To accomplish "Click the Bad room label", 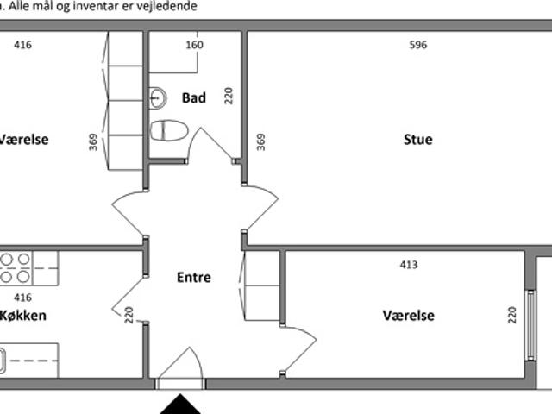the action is click(193, 97).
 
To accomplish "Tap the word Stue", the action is click(417, 140).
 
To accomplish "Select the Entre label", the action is click(193, 278).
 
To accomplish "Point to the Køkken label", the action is click(23, 316).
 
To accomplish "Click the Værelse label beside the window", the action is click(408, 316).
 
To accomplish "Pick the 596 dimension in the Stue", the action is click(418, 45).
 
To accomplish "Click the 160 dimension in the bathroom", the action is click(194, 45).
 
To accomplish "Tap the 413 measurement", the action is click(409, 265).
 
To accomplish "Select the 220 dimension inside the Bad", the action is click(229, 96).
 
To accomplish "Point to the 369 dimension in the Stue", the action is click(260, 141).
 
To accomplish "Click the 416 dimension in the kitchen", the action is click(23, 298).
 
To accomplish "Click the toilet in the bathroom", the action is click(169, 130).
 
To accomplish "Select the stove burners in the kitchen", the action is click(16, 268).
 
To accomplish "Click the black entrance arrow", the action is click(180, 405).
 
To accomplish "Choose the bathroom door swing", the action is click(210, 144).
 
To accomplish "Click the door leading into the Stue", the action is click(260, 209).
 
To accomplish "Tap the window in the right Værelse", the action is click(531, 325).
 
